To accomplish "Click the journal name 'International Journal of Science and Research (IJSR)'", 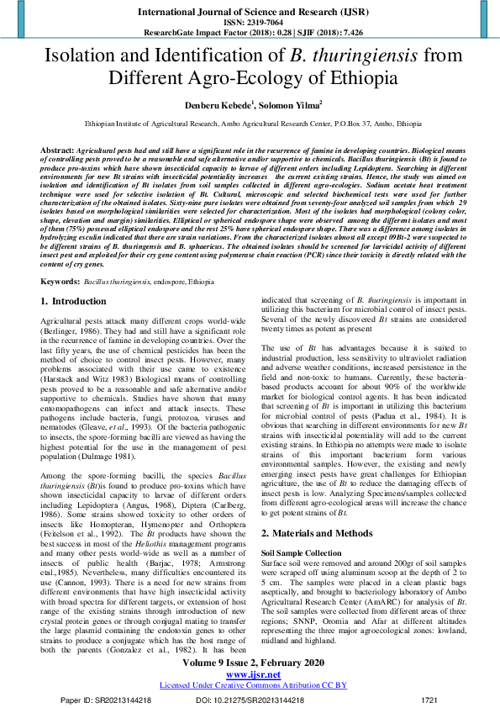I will pyautogui.click(x=250, y=12).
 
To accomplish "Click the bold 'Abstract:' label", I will pyautogui.click(x=57, y=148).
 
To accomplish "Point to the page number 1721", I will pyautogui.click(x=429, y=699).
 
